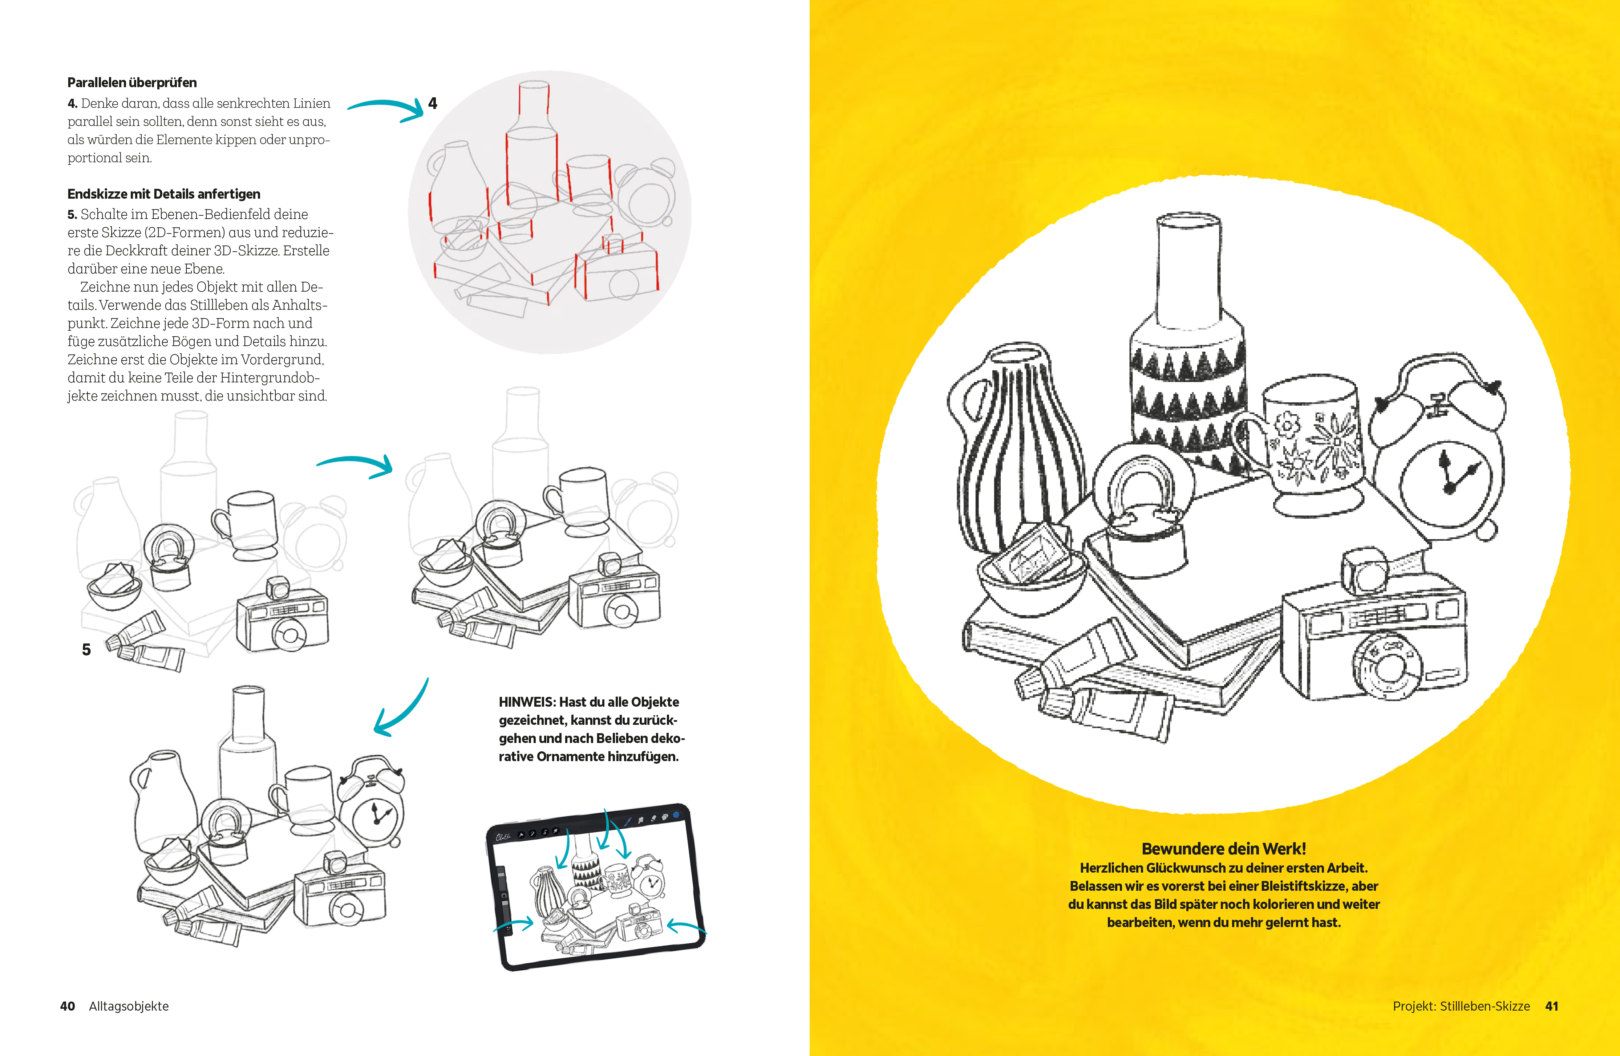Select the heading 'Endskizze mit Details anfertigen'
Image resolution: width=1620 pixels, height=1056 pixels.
(x=163, y=194)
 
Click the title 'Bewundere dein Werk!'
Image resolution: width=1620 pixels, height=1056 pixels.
(x=1223, y=849)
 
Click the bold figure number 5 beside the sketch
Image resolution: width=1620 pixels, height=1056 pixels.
(x=86, y=650)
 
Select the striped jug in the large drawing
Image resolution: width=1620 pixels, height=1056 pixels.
(x=1014, y=449)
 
